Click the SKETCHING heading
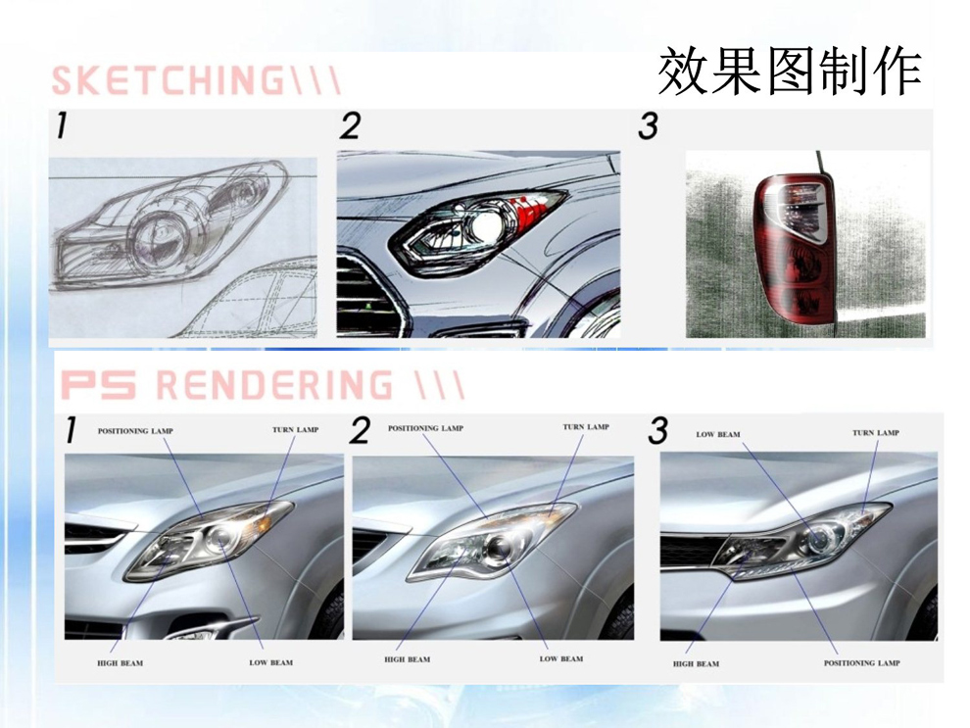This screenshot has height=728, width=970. click(196, 79)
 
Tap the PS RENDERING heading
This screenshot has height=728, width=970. click(263, 384)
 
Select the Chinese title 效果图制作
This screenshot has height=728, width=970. click(790, 72)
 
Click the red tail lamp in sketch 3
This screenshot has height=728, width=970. click(794, 244)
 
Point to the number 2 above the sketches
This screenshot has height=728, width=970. click(350, 125)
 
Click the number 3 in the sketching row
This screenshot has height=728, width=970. click(648, 125)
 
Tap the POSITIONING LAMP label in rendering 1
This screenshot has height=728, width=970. click(135, 430)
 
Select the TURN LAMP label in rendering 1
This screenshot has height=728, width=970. click(295, 429)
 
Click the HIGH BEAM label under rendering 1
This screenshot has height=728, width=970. click(120, 663)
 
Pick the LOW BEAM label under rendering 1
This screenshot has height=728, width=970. click(271, 662)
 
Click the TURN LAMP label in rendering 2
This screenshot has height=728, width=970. click(586, 427)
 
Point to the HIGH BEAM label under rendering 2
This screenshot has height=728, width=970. click(407, 659)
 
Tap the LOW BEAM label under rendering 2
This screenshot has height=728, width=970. click(561, 658)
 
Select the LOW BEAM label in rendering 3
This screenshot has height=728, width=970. click(717, 434)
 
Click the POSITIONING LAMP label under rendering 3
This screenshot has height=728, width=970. click(862, 663)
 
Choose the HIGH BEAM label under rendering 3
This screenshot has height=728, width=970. click(696, 663)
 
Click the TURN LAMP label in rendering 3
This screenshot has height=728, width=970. click(875, 432)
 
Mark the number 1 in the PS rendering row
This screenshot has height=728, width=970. click(72, 430)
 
